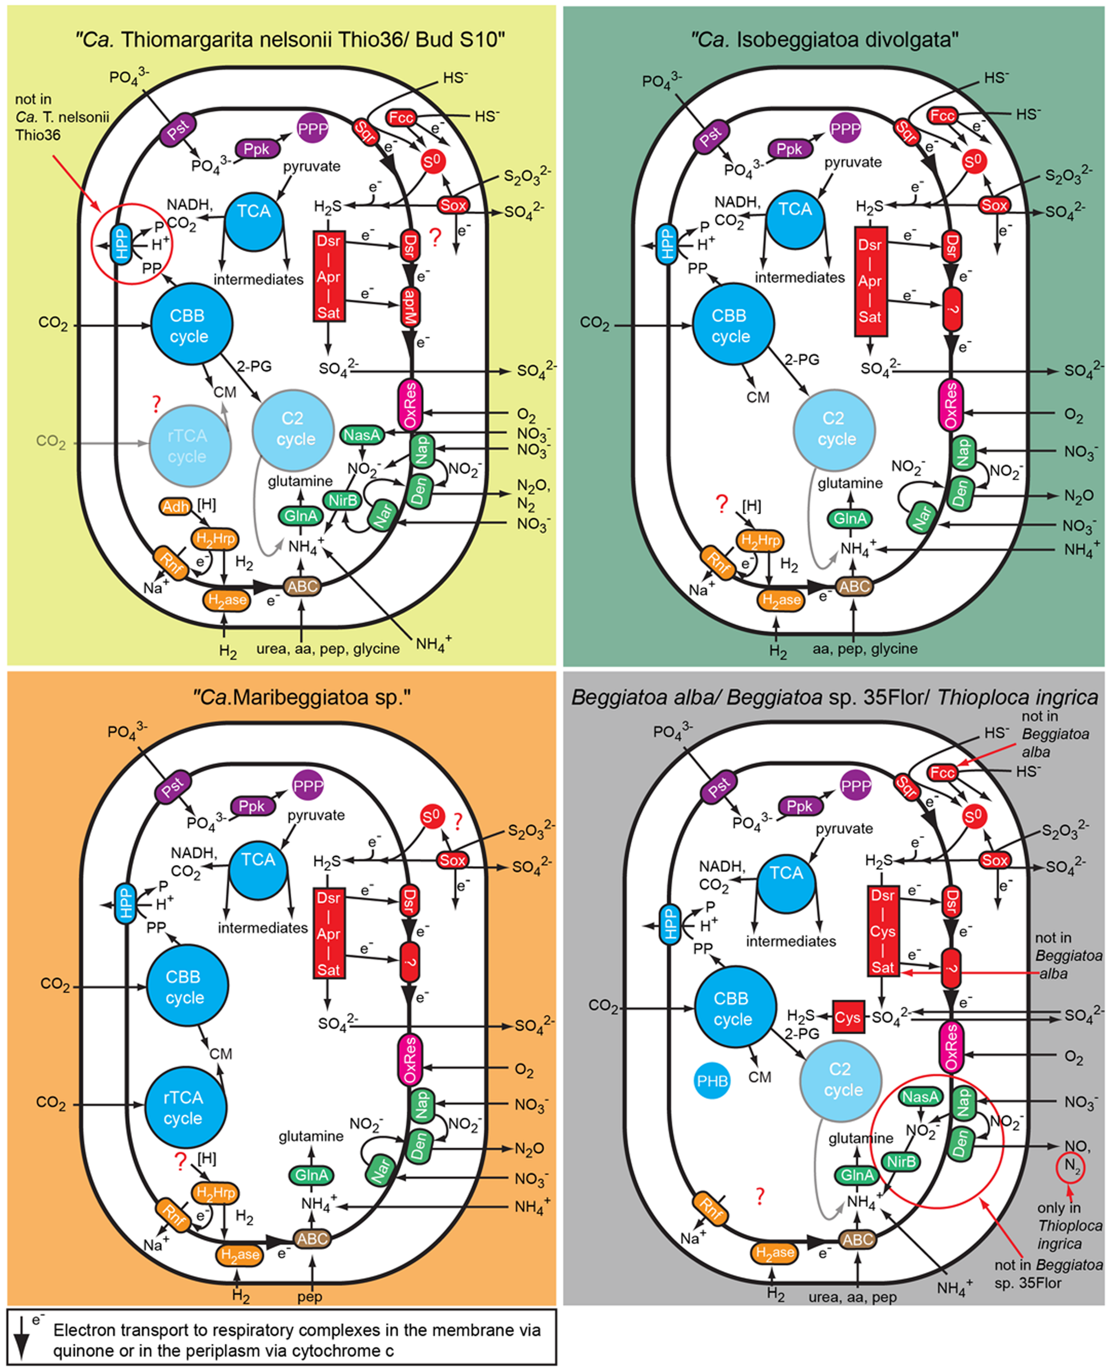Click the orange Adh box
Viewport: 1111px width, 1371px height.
coord(175,507)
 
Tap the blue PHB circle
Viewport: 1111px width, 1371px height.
coord(712,1081)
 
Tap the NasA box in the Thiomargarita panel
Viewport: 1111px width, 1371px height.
coord(361,435)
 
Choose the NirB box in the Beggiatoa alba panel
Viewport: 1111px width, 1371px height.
coord(902,1161)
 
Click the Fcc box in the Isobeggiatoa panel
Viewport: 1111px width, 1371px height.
coord(942,116)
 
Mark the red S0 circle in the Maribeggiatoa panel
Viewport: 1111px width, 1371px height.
coord(432,817)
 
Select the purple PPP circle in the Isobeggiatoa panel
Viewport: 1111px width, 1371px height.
coord(845,128)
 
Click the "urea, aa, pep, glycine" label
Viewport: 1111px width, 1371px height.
coord(328,648)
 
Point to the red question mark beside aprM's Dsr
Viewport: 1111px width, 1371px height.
coord(435,238)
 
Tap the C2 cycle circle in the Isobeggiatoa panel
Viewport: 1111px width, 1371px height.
coord(835,429)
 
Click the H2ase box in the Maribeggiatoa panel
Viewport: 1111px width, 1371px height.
coord(240,1255)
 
